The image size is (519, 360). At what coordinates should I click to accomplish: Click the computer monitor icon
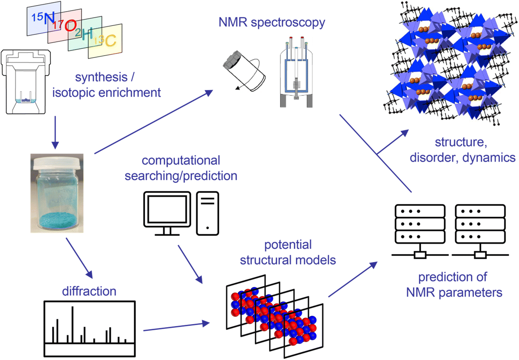tap(167, 210)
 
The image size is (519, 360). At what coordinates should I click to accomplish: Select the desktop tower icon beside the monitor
tap(207, 213)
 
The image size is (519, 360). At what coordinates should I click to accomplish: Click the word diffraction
tap(89, 291)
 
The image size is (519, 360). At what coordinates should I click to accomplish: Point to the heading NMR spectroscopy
tap(272, 22)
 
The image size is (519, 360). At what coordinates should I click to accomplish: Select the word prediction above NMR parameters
tap(452, 277)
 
